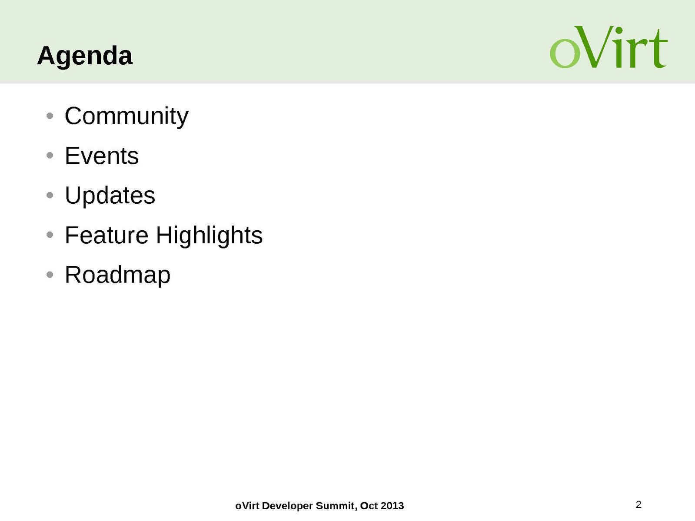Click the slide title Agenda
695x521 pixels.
click(85, 56)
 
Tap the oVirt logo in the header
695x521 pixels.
click(609, 47)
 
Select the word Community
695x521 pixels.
click(126, 116)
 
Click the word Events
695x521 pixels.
click(102, 156)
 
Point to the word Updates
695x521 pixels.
click(110, 196)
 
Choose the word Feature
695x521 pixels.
click(106, 235)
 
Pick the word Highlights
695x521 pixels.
click(209, 236)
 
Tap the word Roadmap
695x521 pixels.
click(117, 275)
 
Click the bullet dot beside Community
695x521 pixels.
click(50, 116)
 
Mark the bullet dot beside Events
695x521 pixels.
click(50, 156)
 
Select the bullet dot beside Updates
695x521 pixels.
click(50, 195)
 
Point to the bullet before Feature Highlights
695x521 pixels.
click(50, 235)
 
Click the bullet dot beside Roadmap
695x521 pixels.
click(50, 275)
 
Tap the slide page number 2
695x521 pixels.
click(638, 504)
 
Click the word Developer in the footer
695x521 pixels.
click(287, 506)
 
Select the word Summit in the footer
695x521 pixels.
click(336, 506)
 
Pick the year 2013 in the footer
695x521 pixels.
click(392, 506)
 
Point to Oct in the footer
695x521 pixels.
click(369, 506)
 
